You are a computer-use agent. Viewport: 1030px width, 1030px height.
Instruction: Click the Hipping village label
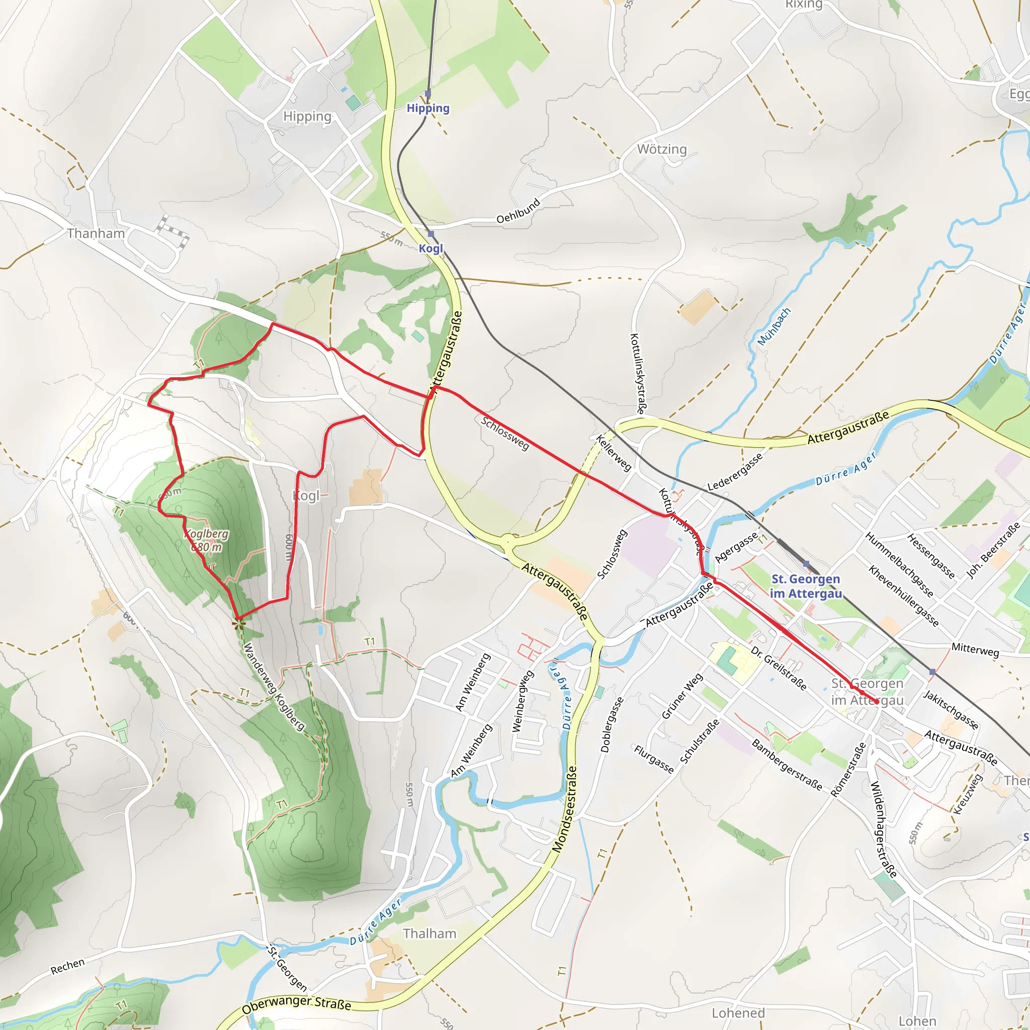pyautogui.click(x=307, y=116)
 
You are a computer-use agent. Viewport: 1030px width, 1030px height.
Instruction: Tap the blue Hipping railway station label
pyautogui.click(x=427, y=108)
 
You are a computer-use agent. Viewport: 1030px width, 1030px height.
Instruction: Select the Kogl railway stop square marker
pyautogui.click(x=431, y=234)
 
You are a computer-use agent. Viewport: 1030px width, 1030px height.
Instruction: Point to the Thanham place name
pyautogui.click(x=96, y=233)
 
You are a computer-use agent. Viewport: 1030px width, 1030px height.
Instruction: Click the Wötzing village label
pyautogui.click(x=662, y=149)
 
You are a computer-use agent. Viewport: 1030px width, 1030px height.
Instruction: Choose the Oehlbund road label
pyautogui.click(x=518, y=211)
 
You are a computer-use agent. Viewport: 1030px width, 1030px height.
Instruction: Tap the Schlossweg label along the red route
pyautogui.click(x=505, y=433)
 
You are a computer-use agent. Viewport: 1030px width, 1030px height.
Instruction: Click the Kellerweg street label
pyautogui.click(x=614, y=453)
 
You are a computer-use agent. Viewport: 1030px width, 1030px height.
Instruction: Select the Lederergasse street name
pyautogui.click(x=735, y=472)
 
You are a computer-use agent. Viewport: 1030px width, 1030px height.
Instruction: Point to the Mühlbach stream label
pyautogui.click(x=774, y=326)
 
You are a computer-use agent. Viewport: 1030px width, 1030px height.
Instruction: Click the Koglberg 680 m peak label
pyautogui.click(x=206, y=540)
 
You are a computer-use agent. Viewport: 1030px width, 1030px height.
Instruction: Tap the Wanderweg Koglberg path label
pyautogui.click(x=274, y=686)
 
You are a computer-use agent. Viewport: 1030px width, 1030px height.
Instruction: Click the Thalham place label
pyautogui.click(x=429, y=933)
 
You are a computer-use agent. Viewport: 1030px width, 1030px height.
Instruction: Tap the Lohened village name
pyautogui.click(x=738, y=1013)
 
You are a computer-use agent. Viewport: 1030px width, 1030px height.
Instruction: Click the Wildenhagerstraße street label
pyautogui.click(x=883, y=829)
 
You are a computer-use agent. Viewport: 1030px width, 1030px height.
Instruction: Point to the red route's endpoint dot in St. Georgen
pyautogui.click(x=877, y=702)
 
